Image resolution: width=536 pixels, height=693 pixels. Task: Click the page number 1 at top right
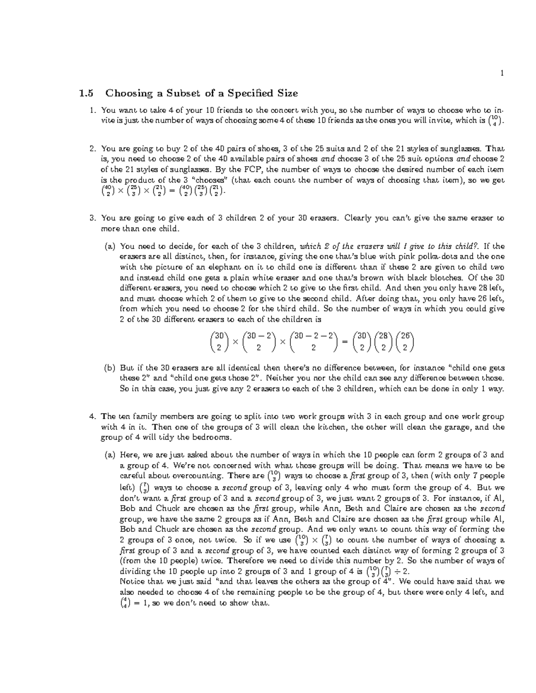point(502,74)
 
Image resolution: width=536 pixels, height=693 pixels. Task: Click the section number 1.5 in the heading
point(86,93)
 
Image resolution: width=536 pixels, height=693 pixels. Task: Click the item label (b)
point(109,368)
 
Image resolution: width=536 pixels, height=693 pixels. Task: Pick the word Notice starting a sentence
point(133,582)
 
